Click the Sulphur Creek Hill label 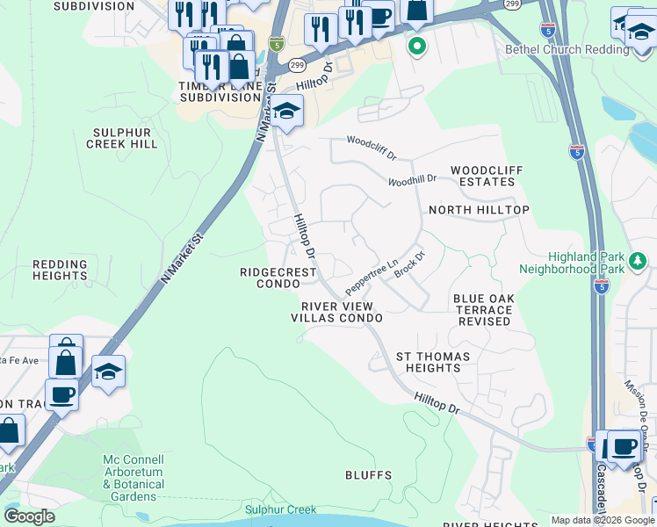[125, 138]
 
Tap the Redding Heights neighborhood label [60, 270]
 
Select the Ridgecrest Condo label [278, 278]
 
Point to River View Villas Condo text [337, 312]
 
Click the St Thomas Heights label [433, 362]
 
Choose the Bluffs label [369, 475]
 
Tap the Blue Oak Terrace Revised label [483, 310]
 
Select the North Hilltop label [479, 211]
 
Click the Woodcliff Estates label [482, 176]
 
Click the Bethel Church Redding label [567, 50]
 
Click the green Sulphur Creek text [280, 509]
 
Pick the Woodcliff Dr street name [372, 142]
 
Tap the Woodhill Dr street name [412, 180]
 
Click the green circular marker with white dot [417, 46]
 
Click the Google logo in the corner [30, 516]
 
